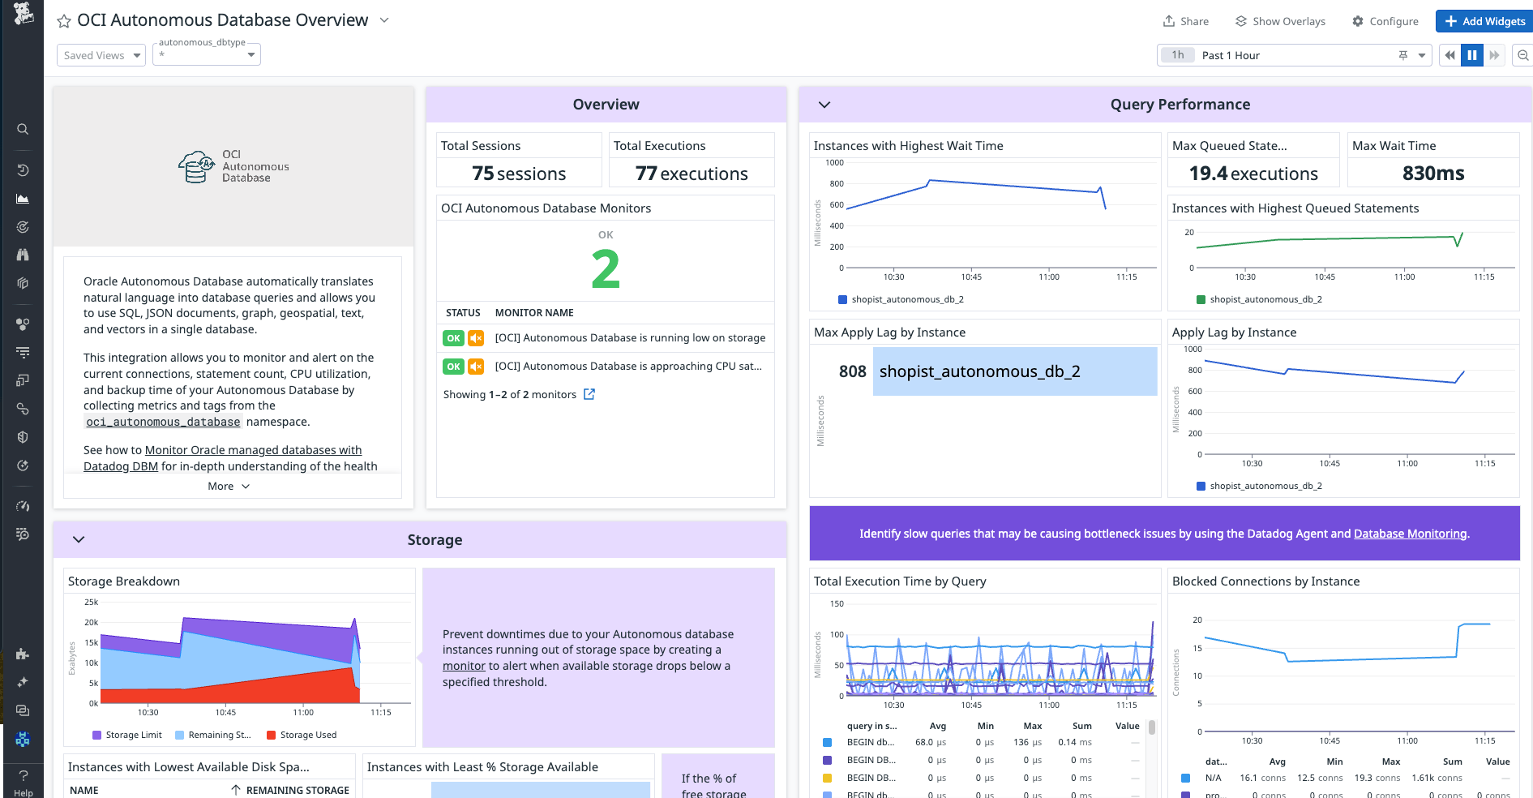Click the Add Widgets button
point(1484,21)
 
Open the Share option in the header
point(1185,21)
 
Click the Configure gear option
point(1385,21)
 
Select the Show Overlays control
point(1280,21)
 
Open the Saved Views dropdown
point(101,55)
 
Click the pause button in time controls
point(1471,55)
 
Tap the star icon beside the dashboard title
point(64,21)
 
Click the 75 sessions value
point(519,174)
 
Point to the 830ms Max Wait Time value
point(1432,174)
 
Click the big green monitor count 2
point(606,269)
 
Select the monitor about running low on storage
point(630,338)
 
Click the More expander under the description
point(229,487)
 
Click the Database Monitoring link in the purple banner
point(1410,534)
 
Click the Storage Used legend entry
point(307,735)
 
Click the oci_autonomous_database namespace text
point(163,422)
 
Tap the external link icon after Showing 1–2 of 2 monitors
point(589,394)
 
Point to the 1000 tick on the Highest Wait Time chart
point(834,163)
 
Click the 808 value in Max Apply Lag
point(852,371)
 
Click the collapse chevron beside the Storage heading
point(79,539)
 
